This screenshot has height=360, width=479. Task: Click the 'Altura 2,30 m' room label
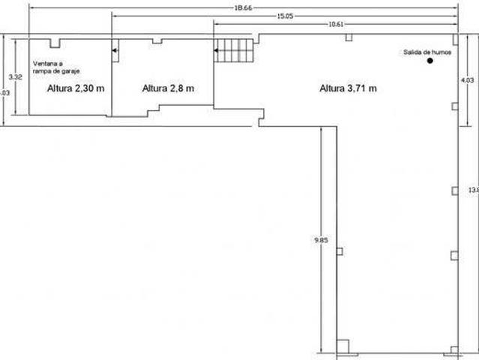point(75,88)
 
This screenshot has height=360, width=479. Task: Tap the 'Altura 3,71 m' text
point(348,88)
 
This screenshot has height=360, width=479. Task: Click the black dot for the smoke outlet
point(430,61)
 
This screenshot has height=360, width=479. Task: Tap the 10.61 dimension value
point(336,24)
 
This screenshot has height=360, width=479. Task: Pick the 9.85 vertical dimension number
point(320,241)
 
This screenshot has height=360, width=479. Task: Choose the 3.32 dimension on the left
point(13,76)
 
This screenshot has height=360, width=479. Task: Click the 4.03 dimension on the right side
point(467,79)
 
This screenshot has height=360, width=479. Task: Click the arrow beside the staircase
point(215,51)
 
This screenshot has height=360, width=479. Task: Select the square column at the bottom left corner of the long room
point(342,346)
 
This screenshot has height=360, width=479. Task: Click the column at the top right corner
point(455,37)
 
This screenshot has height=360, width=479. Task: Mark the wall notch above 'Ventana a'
point(57,43)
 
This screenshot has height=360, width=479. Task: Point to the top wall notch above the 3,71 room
point(349,37)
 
